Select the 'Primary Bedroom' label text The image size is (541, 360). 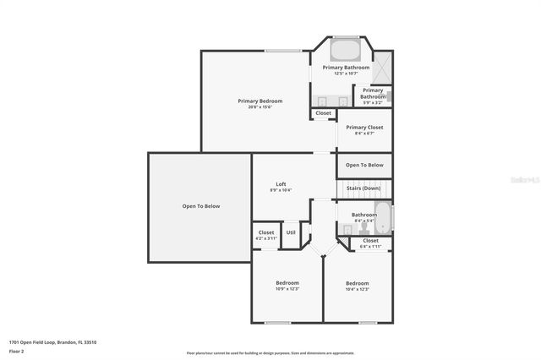click(x=260, y=101)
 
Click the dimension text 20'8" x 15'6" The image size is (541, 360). click(x=260, y=106)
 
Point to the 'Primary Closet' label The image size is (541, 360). click(x=364, y=128)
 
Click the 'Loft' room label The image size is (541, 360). click(x=281, y=184)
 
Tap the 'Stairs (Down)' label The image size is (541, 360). click(x=364, y=188)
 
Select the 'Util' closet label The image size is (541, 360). click(x=291, y=232)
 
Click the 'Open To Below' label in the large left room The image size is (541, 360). click(x=201, y=206)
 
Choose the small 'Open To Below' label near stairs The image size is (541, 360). click(x=364, y=165)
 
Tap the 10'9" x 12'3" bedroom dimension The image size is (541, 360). click(x=287, y=289)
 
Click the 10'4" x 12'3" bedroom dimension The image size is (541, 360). click(x=357, y=289)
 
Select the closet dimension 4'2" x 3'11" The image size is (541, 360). click(x=266, y=238)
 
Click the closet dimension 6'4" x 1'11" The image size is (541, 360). click(x=370, y=246)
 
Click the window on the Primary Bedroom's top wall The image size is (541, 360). click(x=282, y=52)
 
